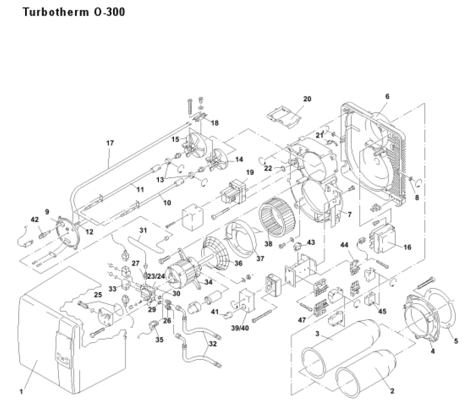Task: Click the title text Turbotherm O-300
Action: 73,11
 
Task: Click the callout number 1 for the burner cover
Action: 21,391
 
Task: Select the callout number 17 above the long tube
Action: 110,143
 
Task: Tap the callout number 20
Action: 307,99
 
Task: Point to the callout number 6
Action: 387,96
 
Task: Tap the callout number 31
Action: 143,230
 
